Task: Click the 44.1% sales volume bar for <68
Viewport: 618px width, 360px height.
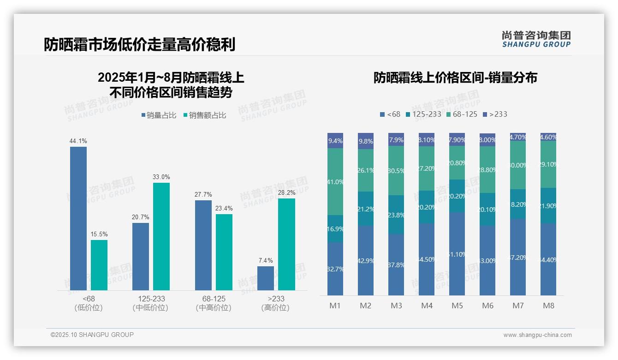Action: [x=78, y=218]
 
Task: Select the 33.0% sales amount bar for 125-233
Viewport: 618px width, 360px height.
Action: [x=161, y=236]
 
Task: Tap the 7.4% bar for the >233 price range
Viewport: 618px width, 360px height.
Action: [x=265, y=278]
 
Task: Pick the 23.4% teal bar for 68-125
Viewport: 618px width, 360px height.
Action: [x=224, y=252]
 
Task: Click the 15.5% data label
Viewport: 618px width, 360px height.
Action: [x=99, y=234]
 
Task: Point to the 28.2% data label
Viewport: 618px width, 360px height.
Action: [x=286, y=193]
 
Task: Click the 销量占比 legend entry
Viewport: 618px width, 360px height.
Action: [x=158, y=115]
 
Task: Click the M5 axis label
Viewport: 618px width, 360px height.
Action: [x=457, y=306]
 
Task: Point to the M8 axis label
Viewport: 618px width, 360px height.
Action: [x=548, y=306]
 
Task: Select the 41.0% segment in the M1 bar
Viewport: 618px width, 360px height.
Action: [x=335, y=181]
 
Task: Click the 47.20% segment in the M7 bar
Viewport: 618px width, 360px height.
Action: [x=518, y=257]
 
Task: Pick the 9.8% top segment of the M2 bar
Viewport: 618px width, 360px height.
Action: [x=366, y=141]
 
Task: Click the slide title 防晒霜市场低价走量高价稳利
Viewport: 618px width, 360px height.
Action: [x=139, y=45]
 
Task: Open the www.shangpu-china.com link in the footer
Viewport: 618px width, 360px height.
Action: [x=537, y=335]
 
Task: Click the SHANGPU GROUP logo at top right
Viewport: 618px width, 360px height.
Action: [x=536, y=39]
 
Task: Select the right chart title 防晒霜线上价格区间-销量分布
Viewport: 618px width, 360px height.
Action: [x=455, y=78]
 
